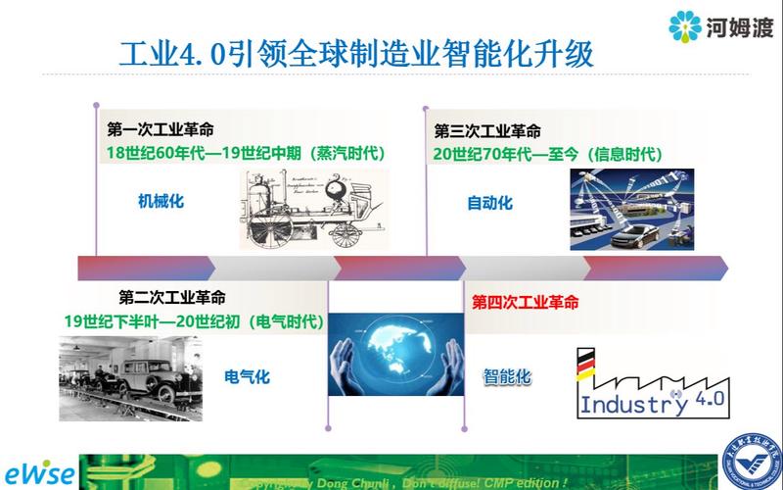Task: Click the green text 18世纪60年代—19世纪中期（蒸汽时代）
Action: point(246,153)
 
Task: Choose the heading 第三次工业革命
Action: point(487,131)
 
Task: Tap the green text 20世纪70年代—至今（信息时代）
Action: point(548,153)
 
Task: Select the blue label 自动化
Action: point(489,203)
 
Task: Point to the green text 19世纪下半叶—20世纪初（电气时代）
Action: point(195,320)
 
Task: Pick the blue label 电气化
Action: point(247,376)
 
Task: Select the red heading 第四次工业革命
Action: point(525,301)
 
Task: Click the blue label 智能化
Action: point(507,375)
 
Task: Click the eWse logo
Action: point(38,471)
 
